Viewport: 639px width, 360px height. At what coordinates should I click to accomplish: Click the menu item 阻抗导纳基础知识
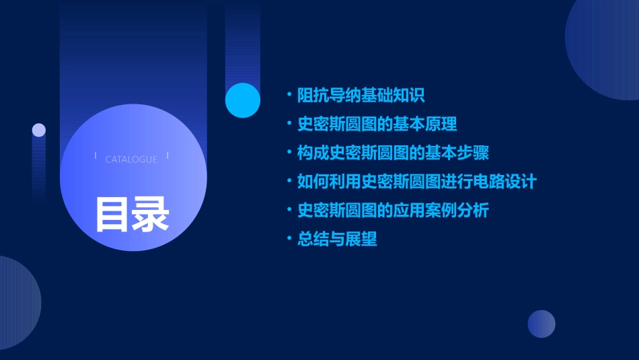click(361, 96)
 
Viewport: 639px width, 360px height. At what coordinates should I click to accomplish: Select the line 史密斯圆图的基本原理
click(377, 124)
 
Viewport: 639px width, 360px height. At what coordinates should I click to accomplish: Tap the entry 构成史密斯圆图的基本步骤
click(393, 153)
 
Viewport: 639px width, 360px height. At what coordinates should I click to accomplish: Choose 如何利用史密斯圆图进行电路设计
click(416, 182)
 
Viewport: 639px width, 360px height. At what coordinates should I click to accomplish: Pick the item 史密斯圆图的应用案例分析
click(393, 211)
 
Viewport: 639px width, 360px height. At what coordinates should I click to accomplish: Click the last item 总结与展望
click(337, 239)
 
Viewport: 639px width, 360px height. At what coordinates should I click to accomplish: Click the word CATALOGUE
click(131, 159)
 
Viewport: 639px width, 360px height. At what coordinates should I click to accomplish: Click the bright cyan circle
click(243, 100)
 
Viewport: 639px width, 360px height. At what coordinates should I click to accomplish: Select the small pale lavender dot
click(39, 130)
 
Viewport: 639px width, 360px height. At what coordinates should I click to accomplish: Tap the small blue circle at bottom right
click(541, 324)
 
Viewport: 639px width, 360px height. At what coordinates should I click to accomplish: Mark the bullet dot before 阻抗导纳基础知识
click(289, 95)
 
